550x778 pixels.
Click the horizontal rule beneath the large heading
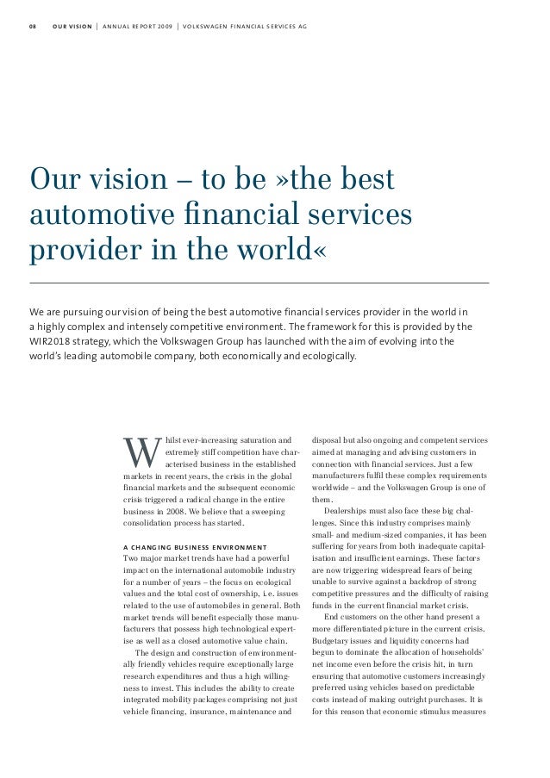pyautogui.click(x=259, y=283)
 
